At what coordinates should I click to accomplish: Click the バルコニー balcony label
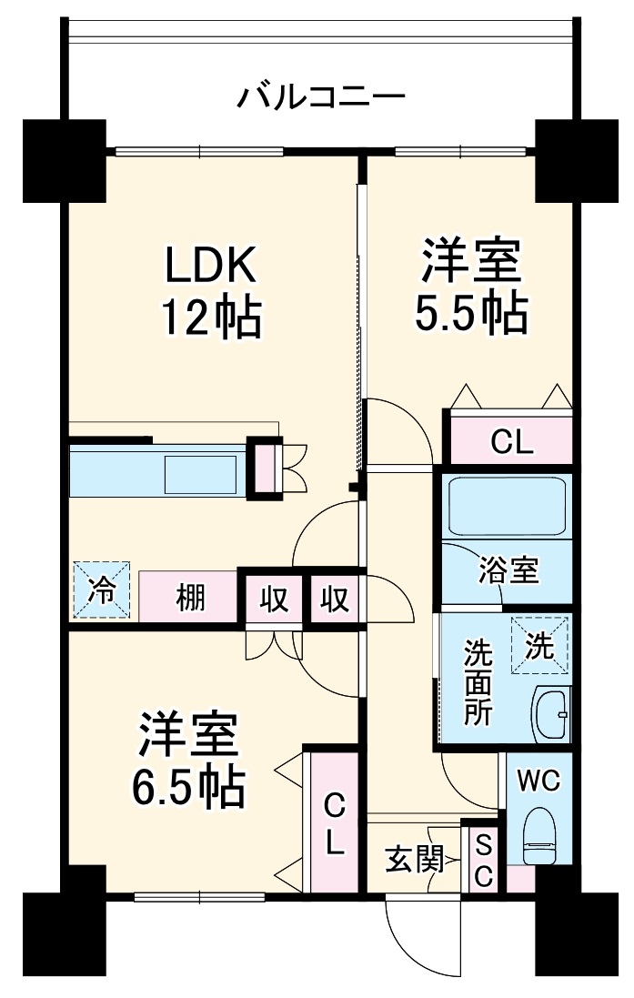tap(321, 96)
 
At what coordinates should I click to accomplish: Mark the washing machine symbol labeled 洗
tap(539, 645)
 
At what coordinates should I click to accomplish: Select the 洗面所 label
tap(478, 682)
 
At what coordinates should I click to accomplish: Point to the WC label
tap(539, 781)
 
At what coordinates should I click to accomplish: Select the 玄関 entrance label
tap(414, 860)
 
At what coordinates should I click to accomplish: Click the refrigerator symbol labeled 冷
tap(102, 591)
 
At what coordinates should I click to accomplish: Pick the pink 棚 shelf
tap(189, 598)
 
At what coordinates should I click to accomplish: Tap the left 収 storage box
tap(274, 598)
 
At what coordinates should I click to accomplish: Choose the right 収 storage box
tap(335, 598)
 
